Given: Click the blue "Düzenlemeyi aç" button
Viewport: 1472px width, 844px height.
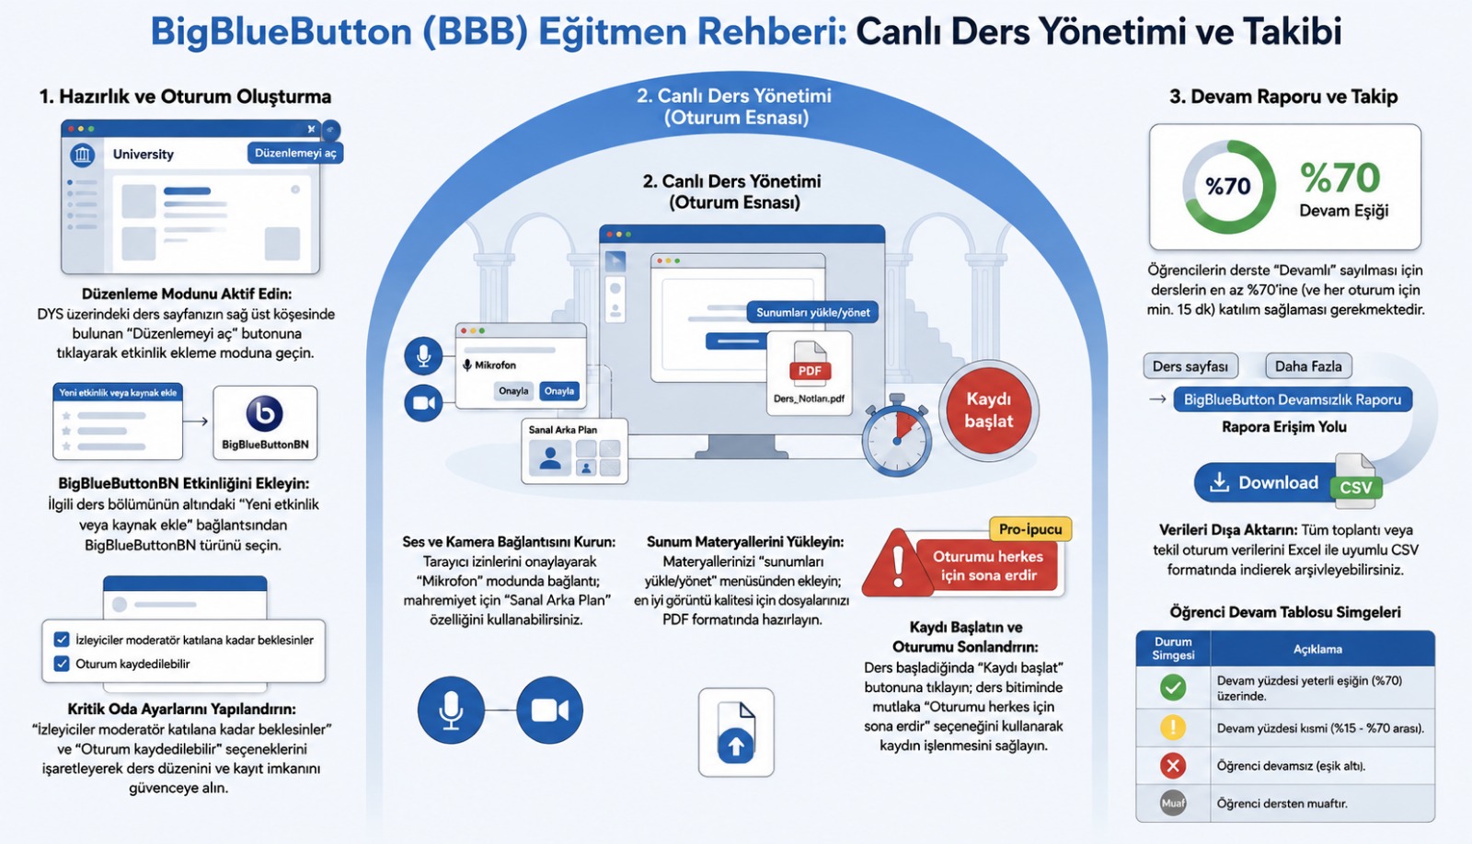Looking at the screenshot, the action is [x=295, y=153].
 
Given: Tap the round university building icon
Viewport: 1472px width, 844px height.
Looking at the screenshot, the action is [x=82, y=155].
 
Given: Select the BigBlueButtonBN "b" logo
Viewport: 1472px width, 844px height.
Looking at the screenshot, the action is [x=264, y=413].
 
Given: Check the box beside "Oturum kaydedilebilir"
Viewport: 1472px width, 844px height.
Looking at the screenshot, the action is [x=62, y=664].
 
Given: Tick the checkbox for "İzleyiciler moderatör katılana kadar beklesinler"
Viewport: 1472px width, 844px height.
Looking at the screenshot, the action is [x=62, y=640].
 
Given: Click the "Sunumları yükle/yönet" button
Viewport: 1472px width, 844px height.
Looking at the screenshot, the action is [x=812, y=312].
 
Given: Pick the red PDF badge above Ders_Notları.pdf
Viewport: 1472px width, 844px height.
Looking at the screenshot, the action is [x=810, y=371].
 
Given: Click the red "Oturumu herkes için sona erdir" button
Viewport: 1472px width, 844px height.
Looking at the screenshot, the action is [x=988, y=565].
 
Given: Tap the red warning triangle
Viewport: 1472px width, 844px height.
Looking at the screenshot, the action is [x=896, y=564].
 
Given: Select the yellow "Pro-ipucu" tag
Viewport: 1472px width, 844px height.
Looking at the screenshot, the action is [x=1029, y=529].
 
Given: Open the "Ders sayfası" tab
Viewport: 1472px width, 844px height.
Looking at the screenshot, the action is [x=1190, y=366].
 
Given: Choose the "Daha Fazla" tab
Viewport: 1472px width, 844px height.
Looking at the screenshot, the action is [x=1308, y=366].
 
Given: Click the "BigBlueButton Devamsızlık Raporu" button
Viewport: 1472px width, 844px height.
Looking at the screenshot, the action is [x=1292, y=399].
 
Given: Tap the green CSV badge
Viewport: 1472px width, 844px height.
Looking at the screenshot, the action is [x=1356, y=487].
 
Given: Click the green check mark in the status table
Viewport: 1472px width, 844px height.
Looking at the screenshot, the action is [x=1173, y=688].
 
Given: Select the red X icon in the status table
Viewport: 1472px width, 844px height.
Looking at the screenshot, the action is [x=1173, y=765].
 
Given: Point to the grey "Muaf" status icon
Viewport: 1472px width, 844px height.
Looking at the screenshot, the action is [x=1173, y=803].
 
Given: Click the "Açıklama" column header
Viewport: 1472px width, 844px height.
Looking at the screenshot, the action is [x=1317, y=649].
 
